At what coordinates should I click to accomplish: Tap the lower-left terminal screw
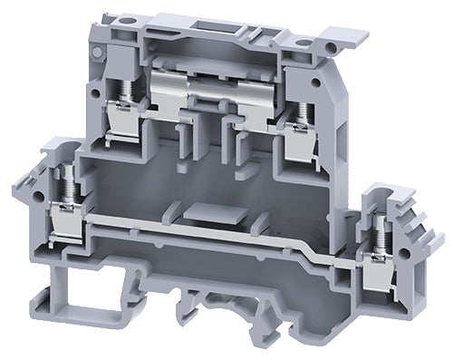65,187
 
